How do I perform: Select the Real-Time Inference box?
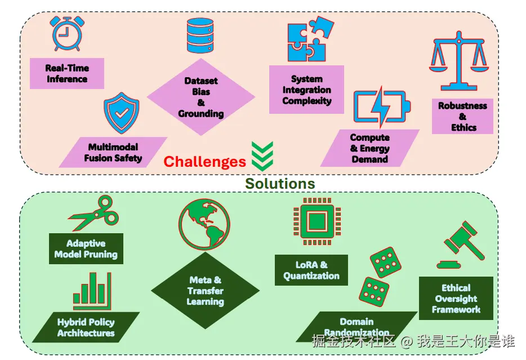(67, 73)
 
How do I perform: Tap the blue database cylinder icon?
(201, 35)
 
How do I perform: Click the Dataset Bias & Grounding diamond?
(201, 97)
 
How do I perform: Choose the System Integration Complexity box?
(306, 90)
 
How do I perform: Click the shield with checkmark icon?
(121, 114)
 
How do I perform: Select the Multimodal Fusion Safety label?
(113, 152)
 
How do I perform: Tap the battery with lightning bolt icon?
(381, 106)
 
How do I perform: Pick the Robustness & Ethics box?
(462, 116)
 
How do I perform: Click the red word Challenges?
(204, 162)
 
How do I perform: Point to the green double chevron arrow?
(262, 155)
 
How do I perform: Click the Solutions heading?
(280, 183)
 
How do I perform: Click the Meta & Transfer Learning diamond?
(205, 291)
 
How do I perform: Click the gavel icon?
(463, 243)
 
